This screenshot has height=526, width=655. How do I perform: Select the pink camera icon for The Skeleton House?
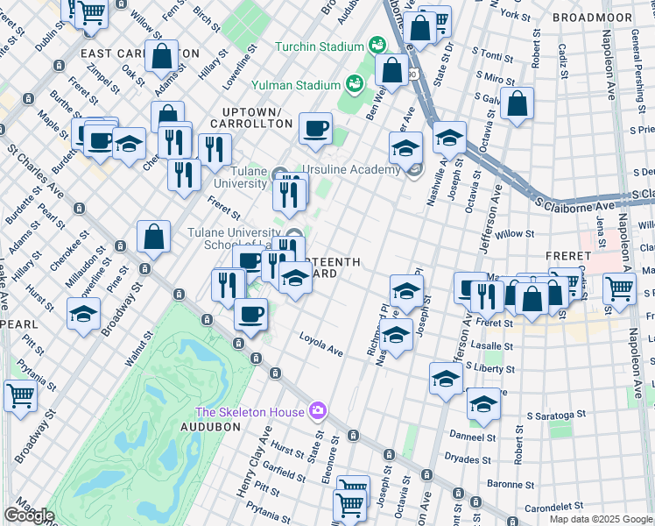tap(318, 410)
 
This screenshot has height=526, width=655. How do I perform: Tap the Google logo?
tap(29, 515)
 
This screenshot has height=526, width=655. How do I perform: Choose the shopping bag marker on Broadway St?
tap(154, 237)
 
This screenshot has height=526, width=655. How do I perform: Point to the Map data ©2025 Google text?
tap(600, 518)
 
